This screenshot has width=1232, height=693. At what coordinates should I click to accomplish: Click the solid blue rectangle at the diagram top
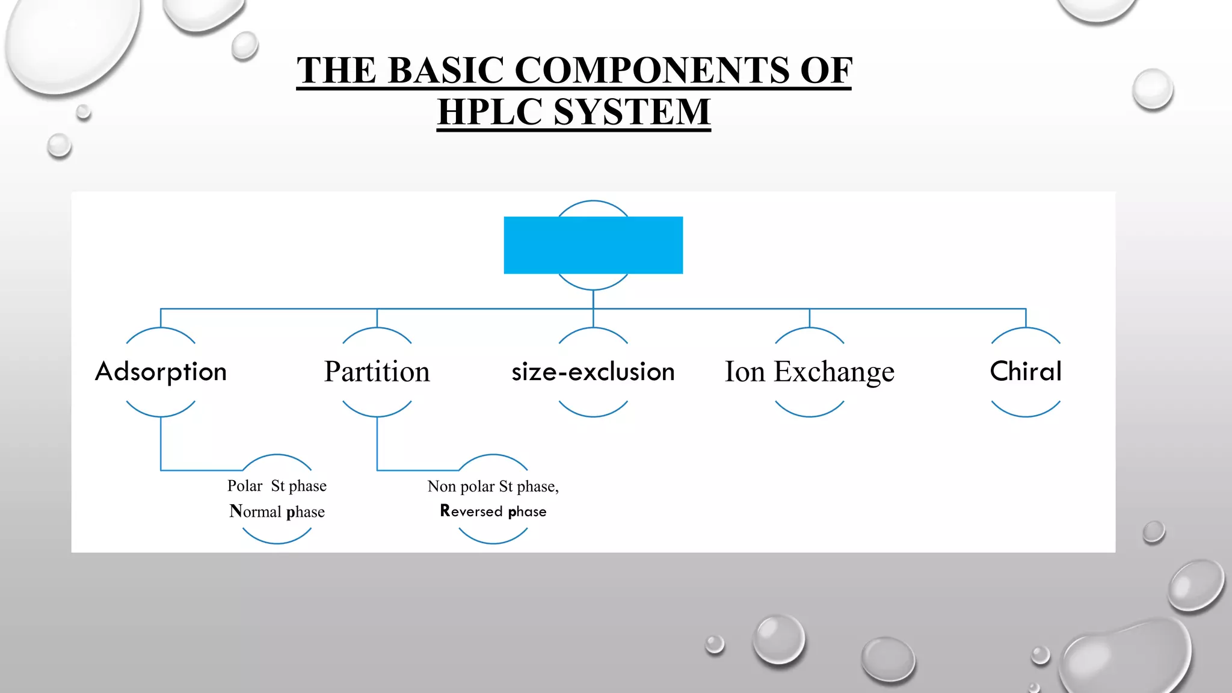[593, 245]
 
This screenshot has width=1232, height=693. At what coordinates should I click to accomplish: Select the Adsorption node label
[161, 372]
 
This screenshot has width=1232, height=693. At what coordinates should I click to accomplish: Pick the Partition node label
[377, 372]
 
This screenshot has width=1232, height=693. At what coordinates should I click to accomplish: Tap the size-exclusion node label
[593, 372]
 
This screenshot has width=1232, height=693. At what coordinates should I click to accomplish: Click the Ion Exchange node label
[809, 372]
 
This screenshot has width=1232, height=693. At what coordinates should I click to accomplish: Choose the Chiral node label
[1026, 371]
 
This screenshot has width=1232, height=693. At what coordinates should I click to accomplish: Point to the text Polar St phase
[277, 485]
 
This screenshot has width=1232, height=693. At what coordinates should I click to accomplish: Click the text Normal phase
[277, 511]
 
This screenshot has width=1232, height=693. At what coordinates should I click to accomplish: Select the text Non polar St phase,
[493, 486]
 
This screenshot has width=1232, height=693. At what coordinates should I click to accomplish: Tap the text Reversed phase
[493, 511]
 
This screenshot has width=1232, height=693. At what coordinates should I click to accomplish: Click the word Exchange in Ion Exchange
[834, 372]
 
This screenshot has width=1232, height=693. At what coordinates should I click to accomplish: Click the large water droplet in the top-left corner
[72, 42]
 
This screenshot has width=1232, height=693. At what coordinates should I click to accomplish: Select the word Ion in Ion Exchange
[744, 372]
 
